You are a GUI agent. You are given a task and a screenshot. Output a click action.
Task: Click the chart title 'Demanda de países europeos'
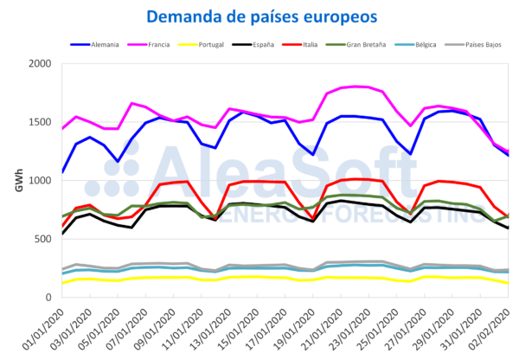260,16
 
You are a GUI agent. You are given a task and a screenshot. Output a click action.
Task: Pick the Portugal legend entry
228,43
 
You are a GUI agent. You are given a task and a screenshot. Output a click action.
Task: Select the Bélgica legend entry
450,43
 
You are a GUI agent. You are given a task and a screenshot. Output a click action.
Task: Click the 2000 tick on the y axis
41,64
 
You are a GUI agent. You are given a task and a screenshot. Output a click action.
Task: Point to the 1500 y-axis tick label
41,122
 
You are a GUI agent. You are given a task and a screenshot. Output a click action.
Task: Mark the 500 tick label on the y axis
44,239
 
